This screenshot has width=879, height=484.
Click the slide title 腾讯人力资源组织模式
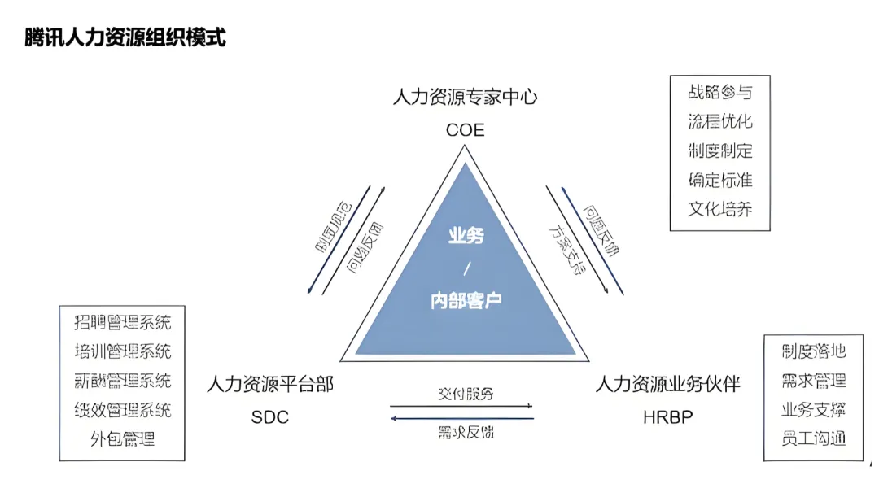point(125,38)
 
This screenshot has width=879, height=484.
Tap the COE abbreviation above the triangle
point(465,129)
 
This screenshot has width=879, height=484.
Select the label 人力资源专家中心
point(465,98)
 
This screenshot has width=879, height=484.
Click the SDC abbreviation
point(269,417)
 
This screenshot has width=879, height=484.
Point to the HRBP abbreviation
point(667,417)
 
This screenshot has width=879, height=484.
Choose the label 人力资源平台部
point(270,384)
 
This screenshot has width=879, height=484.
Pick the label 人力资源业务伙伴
point(667,384)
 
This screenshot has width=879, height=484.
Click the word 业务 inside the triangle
point(466,236)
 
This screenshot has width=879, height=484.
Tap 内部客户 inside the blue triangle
point(466,300)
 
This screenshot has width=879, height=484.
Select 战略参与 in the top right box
point(719,92)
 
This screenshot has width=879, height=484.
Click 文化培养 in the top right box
point(719,208)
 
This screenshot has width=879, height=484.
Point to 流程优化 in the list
point(719,121)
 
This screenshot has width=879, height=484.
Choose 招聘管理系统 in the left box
point(122,322)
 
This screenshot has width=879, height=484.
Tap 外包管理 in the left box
point(122,440)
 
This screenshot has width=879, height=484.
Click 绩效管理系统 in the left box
point(122,410)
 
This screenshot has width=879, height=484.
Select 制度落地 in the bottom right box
point(813,351)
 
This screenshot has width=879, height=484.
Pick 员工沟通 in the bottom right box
point(813,438)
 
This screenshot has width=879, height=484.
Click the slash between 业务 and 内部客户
point(466,268)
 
